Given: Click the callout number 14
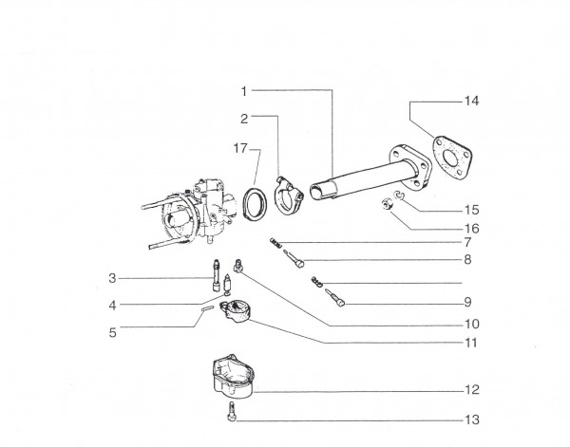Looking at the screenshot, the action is pos(471,101).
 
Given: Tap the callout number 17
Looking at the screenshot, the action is pos(240,148).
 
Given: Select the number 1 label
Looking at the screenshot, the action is pos(244,91).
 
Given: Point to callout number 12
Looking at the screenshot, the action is pos(472,390).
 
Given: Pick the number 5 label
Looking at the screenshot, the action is pos(113,332).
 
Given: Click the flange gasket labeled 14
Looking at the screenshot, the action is pos(452,158).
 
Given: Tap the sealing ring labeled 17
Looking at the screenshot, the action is pos(255,203).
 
